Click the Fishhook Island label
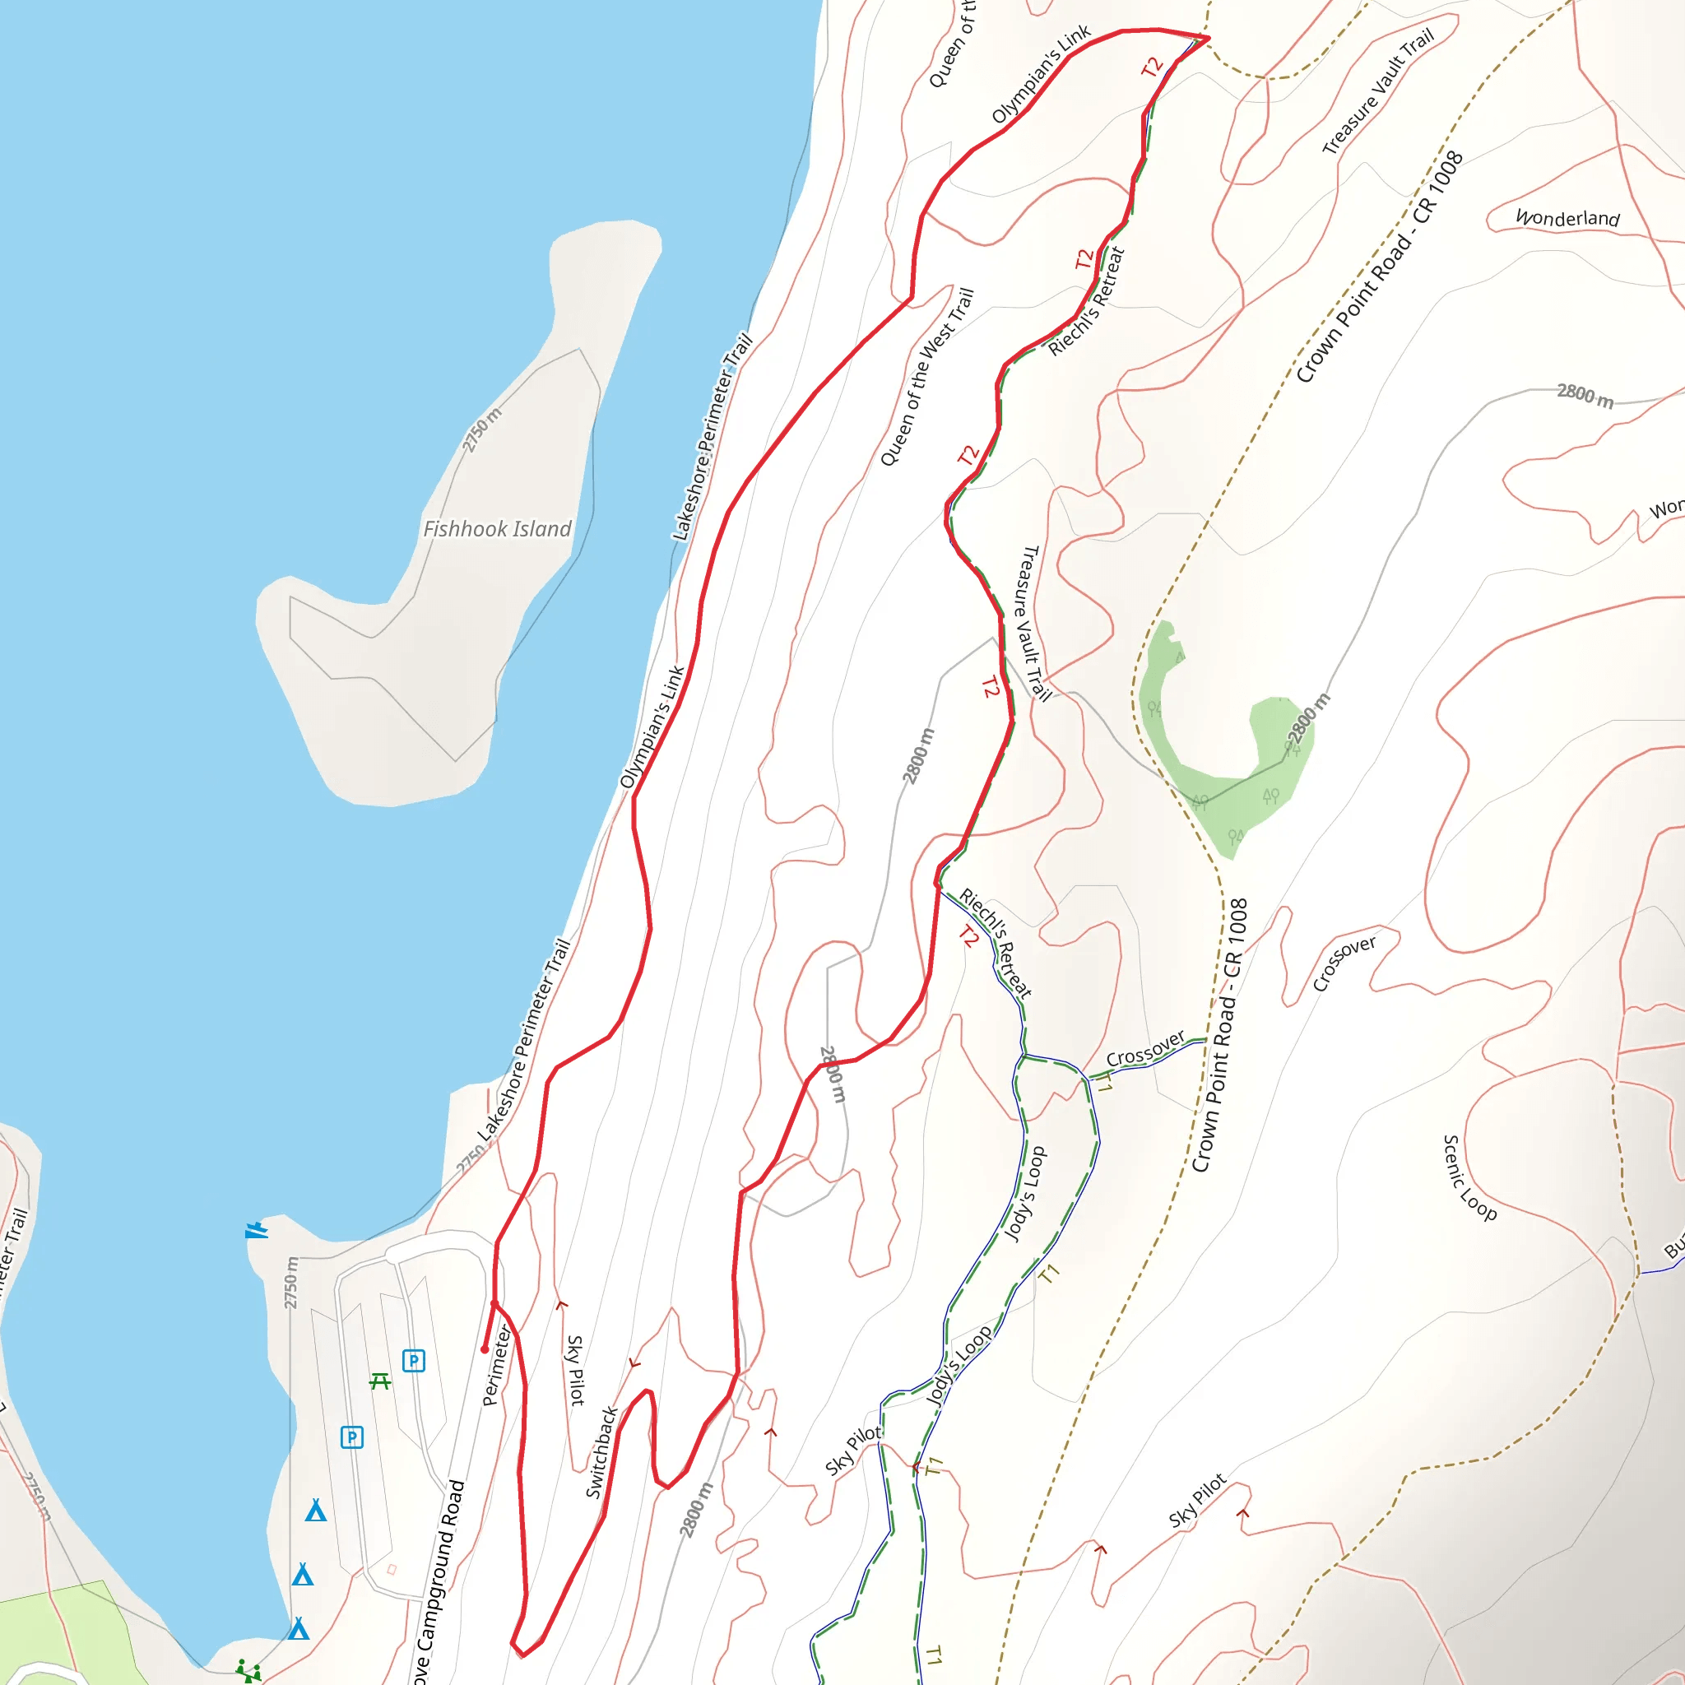tap(497, 529)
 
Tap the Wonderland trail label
tap(1567, 217)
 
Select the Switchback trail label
tap(601, 1452)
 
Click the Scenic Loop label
tap(1469, 1177)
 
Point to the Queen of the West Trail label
tap(926, 377)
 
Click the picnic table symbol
tap(380, 1381)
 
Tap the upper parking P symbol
tap(413, 1361)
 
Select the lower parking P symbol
tap(351, 1437)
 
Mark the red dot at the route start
tap(485, 1349)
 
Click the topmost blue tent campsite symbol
tap(316, 1511)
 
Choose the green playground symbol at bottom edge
tap(248, 1671)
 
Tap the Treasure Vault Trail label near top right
tap(1378, 91)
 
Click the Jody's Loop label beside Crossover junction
tap(1025, 1194)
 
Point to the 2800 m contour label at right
tap(1585, 395)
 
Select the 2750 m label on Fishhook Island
tap(481, 430)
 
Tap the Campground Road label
tap(442, 1579)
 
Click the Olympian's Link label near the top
tap(1041, 74)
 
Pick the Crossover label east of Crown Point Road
tap(1344, 963)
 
